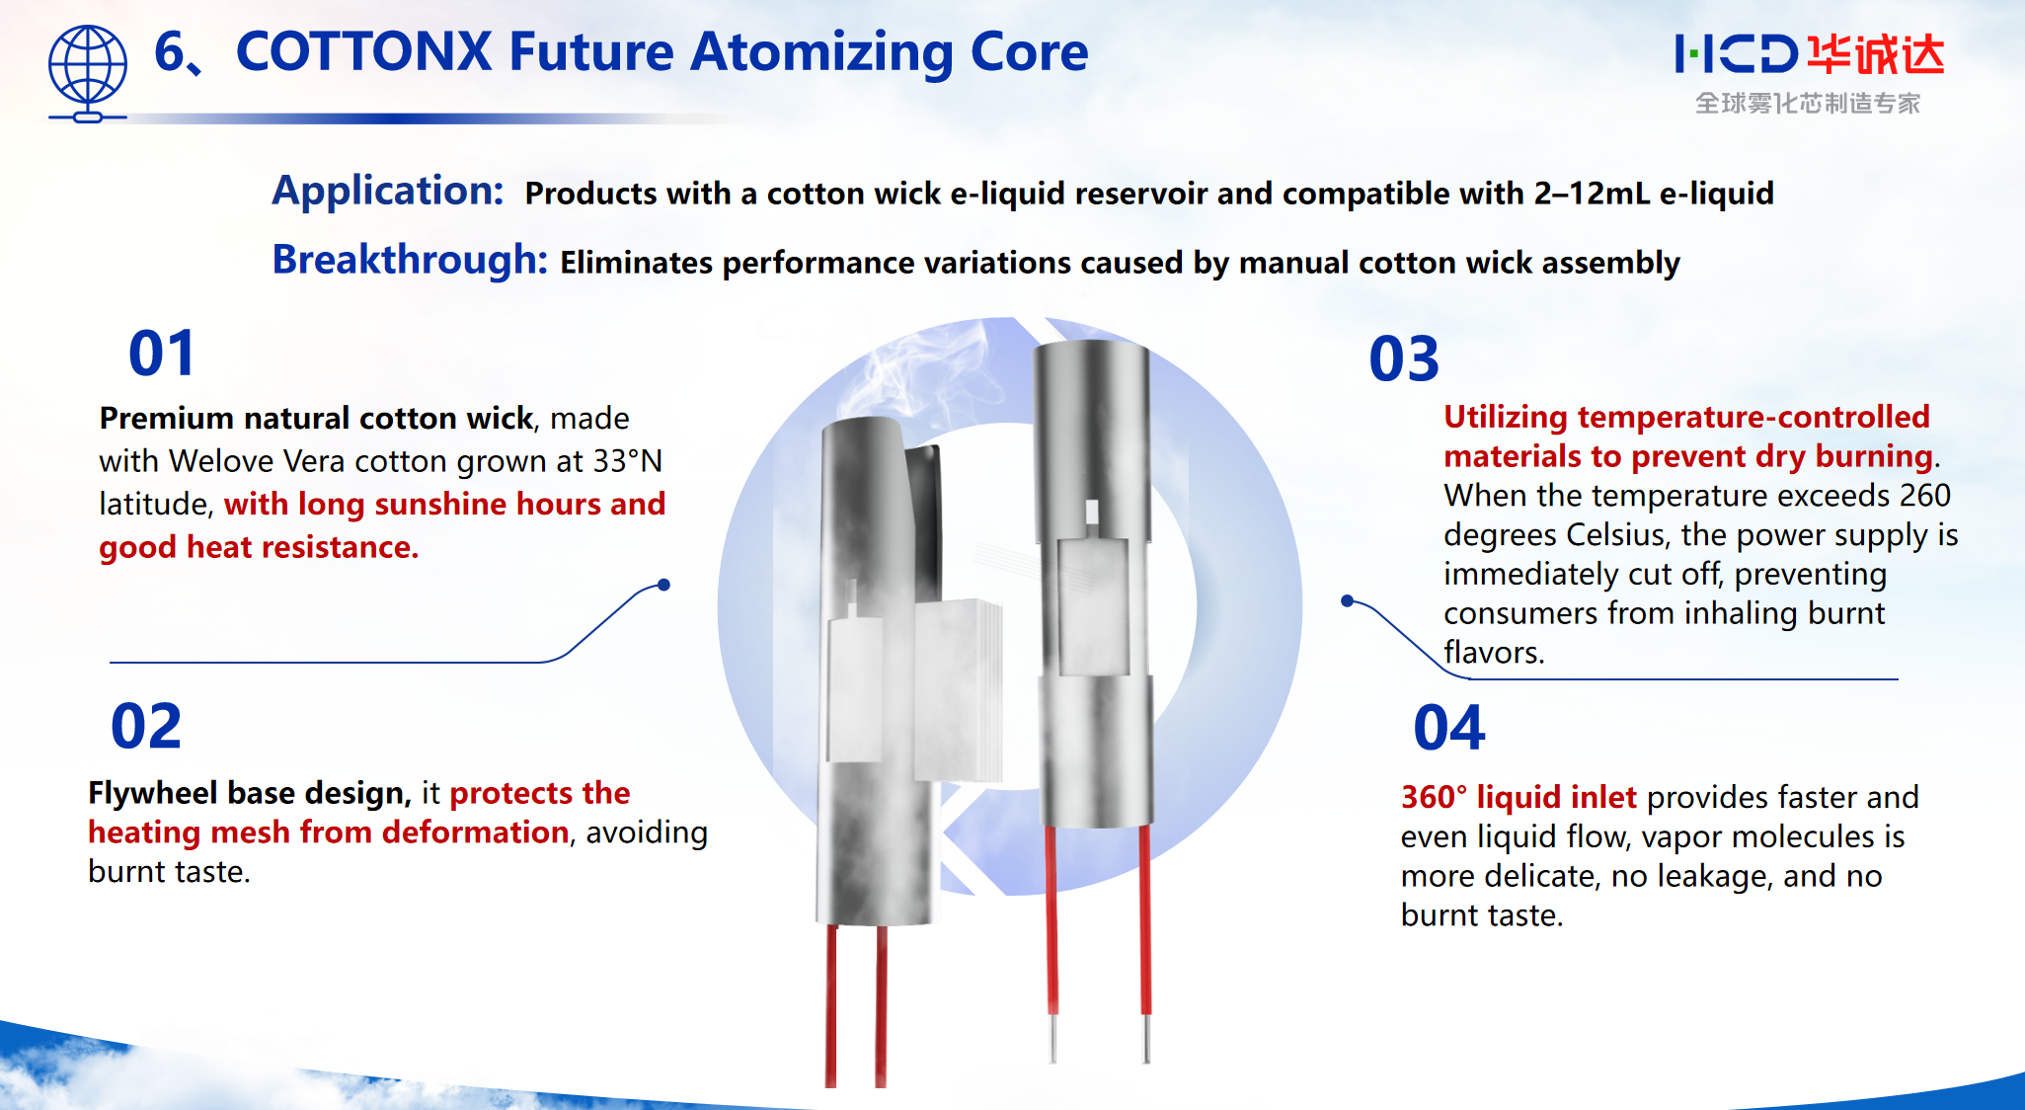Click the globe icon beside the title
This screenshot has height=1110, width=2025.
[87, 71]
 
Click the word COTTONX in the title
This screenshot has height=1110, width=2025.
[363, 52]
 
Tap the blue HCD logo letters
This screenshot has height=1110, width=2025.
[1736, 54]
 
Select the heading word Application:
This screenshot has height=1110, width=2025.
[388, 191]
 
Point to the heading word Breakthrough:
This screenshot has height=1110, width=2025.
[410, 260]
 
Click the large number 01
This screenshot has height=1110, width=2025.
[162, 354]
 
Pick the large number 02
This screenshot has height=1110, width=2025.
[146, 727]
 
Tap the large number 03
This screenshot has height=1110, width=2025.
[1404, 358]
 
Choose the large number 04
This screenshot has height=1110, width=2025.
[1448, 729]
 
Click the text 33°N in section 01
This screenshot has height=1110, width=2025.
[627, 461]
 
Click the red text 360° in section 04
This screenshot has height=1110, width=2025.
[1434, 797]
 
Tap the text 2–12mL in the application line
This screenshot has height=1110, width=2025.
[1592, 194]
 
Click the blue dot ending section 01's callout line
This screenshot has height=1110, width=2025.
[664, 585]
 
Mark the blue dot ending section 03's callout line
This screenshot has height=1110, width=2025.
[1347, 600]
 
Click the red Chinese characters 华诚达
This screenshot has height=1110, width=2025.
[1876, 54]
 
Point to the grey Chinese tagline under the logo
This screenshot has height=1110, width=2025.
[1807, 104]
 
